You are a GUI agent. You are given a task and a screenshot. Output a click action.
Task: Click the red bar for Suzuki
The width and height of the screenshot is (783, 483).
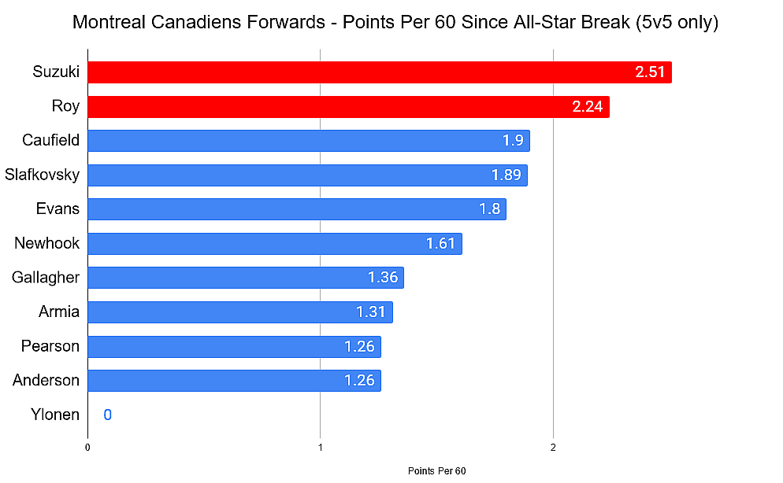380,72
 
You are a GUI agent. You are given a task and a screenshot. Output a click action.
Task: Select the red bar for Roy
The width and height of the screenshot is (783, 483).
348,107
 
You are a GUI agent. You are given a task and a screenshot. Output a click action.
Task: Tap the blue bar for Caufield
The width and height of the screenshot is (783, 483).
309,141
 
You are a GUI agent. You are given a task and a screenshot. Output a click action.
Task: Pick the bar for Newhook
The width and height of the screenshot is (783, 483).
275,244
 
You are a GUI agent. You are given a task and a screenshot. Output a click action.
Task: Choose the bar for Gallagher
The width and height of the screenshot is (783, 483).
246,278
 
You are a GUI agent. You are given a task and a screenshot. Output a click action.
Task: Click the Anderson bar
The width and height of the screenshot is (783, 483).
234,381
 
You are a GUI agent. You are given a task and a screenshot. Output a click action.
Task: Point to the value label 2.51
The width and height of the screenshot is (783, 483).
650,72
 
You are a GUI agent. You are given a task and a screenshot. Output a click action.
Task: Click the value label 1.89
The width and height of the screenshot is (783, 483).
507,175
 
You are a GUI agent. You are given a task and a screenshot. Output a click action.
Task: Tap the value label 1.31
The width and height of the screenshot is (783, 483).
370,312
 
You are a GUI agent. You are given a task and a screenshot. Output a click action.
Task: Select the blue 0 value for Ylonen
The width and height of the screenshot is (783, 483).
107,415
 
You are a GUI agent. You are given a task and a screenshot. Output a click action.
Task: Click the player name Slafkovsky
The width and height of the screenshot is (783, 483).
42,175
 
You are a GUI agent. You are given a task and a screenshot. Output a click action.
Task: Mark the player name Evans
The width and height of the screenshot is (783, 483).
58,208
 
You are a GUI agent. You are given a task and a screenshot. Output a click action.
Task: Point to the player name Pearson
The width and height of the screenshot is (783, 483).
50,346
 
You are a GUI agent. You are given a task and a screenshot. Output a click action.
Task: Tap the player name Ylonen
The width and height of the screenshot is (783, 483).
55,415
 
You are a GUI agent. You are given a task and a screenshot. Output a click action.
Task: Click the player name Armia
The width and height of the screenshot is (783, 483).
59,312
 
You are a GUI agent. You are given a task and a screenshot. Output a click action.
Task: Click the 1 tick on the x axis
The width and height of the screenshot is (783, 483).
321,448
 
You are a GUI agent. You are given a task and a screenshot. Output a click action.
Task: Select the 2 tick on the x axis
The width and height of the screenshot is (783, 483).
553,448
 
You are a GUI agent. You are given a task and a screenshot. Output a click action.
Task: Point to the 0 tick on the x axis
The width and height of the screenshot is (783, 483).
87,448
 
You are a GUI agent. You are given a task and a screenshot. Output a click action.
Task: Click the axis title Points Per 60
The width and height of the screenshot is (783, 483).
437,471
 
